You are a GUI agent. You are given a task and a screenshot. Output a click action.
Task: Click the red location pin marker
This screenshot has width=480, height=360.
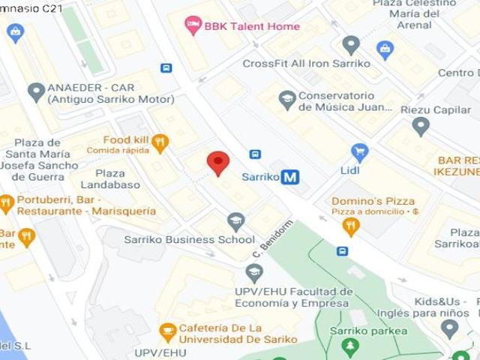pyautogui.click(x=217, y=162)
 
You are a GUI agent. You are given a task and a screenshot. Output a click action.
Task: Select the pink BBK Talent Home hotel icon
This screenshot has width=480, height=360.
pyautogui.click(x=193, y=26)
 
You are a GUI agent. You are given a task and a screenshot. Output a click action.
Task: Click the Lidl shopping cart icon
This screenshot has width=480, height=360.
pyautogui.click(x=360, y=152)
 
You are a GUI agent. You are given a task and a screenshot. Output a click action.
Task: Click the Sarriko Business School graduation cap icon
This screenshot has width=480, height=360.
pyautogui.click(x=236, y=221)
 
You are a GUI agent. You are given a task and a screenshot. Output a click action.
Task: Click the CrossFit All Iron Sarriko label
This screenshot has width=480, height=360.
pyautogui.click(x=306, y=64)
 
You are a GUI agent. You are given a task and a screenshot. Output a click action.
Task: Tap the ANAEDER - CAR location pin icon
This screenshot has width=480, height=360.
pyautogui.click(x=36, y=93)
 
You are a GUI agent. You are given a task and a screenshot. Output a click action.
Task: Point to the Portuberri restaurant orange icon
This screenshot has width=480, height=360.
pyautogui.click(x=7, y=202)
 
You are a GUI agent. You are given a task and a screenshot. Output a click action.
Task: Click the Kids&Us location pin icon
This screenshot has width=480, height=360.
pyautogui.click(x=449, y=328)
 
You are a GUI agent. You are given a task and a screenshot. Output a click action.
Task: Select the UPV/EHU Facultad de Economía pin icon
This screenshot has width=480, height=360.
pyautogui.click(x=254, y=273)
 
